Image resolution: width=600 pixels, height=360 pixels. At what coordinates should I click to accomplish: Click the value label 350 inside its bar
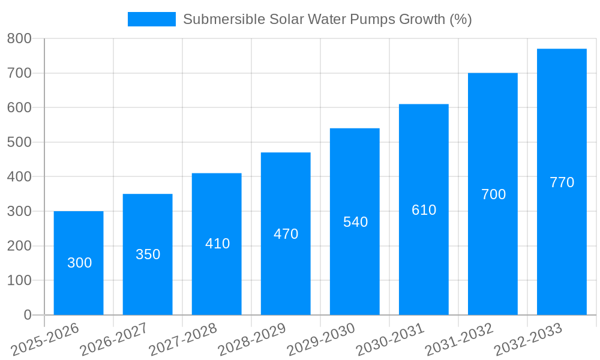(x=148, y=254)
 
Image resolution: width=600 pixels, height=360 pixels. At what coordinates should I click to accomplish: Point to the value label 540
(x=355, y=222)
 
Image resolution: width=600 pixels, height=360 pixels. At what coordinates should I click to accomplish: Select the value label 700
(x=493, y=194)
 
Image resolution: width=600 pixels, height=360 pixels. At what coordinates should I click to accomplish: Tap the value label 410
(x=217, y=244)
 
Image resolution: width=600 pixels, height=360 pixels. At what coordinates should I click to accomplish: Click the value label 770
(x=562, y=182)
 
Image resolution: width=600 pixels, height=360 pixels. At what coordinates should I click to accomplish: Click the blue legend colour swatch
(x=152, y=19)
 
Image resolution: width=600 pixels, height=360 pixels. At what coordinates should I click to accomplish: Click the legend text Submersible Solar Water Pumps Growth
(x=327, y=19)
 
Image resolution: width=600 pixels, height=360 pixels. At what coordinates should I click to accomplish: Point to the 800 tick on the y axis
(x=19, y=38)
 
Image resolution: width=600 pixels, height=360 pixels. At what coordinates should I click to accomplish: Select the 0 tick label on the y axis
(x=27, y=315)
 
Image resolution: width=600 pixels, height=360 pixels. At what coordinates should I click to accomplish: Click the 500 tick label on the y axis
(x=19, y=142)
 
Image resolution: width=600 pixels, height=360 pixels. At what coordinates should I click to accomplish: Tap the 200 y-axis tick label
(x=19, y=246)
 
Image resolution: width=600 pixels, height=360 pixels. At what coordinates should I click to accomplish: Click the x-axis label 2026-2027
(x=114, y=339)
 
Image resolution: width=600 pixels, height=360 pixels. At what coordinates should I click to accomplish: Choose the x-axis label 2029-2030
(x=321, y=339)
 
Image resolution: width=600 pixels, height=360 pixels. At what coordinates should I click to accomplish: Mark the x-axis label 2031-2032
(x=459, y=339)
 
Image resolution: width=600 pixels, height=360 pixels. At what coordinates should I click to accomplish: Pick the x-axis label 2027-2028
(x=183, y=339)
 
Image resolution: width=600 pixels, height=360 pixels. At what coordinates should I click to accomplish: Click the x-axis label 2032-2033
(x=528, y=339)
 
